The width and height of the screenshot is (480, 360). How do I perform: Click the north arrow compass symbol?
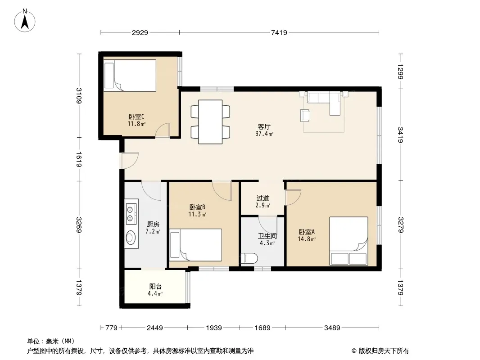tap(25, 21)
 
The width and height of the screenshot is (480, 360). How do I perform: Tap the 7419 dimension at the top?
tap(279, 32)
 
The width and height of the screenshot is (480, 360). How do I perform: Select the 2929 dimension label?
tap(140, 32)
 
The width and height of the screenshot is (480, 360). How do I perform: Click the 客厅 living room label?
tap(264, 126)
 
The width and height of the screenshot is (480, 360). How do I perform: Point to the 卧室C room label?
tap(136, 117)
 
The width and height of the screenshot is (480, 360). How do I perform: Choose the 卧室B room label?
tap(197, 207)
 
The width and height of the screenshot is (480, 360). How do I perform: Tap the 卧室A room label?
tap(307, 232)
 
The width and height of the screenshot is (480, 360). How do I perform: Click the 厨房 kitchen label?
tap(153, 224)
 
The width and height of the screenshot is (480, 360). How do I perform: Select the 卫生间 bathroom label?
tap(267, 236)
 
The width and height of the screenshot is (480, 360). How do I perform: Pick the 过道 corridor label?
tap(263, 198)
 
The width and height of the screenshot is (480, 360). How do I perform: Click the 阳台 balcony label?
tap(155, 286)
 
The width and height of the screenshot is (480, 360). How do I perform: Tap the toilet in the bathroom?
tap(249, 258)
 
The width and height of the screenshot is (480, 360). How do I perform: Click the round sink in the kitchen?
tap(131, 237)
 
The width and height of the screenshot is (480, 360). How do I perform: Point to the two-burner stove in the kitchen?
tap(131, 214)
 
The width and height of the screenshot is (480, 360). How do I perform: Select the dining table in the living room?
tap(210, 122)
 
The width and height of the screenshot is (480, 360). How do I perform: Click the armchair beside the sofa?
tap(305, 115)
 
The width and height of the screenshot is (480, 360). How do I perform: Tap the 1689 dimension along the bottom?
tap(263, 328)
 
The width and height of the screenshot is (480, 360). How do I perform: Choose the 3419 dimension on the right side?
tap(400, 135)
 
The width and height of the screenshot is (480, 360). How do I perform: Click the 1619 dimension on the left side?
tap(79, 159)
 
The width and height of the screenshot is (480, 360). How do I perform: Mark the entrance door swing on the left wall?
tap(130, 160)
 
